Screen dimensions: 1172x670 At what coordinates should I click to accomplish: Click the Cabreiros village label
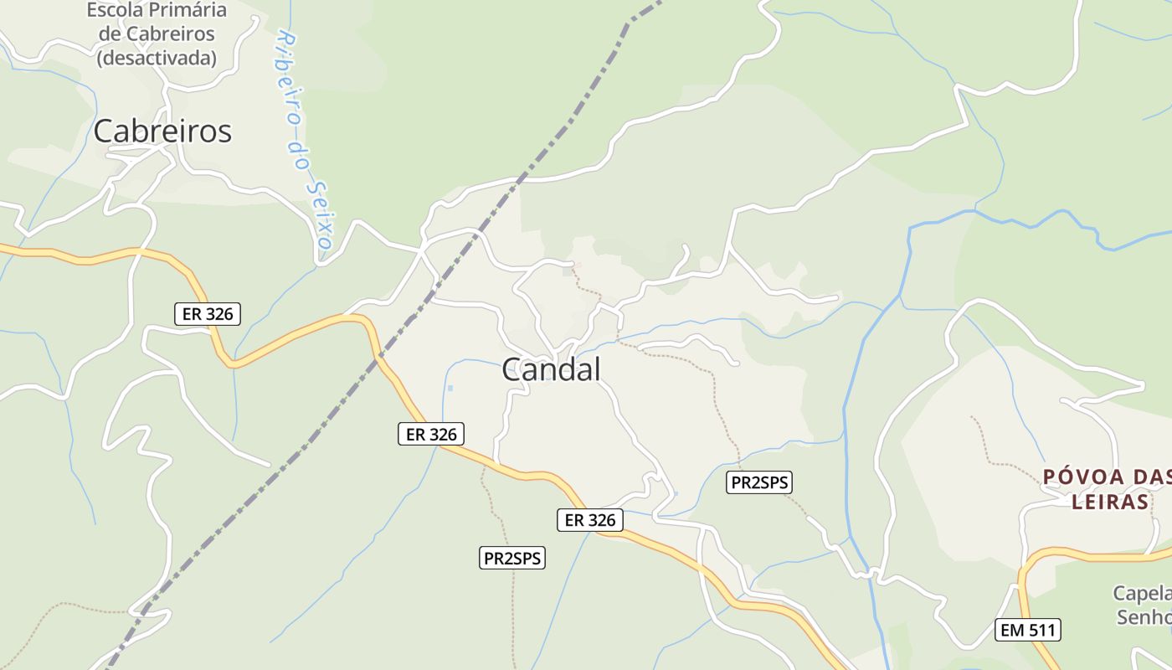point(162,131)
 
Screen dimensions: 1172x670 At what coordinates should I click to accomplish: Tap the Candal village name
point(551,369)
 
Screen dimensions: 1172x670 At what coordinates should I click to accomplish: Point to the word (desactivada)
point(157,58)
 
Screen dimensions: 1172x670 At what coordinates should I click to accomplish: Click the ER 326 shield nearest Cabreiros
point(208,314)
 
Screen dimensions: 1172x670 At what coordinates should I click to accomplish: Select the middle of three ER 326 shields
point(430,434)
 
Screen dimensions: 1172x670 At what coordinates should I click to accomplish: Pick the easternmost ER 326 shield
point(590,520)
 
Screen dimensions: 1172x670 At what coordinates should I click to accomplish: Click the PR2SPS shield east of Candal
point(758,482)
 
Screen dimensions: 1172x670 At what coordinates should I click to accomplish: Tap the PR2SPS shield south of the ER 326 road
point(511,558)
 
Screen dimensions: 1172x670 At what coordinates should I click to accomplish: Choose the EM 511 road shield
point(1028,630)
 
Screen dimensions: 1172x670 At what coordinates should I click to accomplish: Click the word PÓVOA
point(1081,477)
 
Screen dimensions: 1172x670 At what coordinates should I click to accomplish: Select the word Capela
point(1141,594)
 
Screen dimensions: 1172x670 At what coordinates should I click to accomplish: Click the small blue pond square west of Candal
point(450,388)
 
